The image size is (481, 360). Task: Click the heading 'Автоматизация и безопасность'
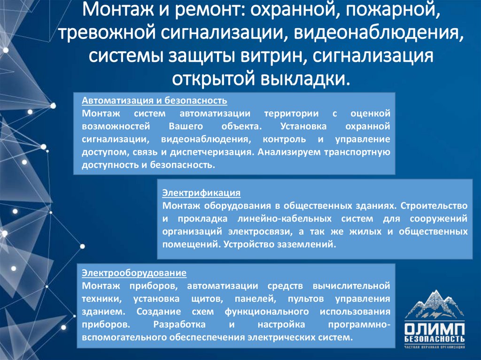[x=155, y=101]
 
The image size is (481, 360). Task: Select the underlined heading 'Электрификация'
[x=202, y=193]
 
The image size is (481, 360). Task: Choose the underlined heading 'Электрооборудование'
[x=134, y=273]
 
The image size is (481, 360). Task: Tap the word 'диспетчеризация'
[x=217, y=153]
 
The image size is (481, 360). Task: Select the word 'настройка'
[x=279, y=324]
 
